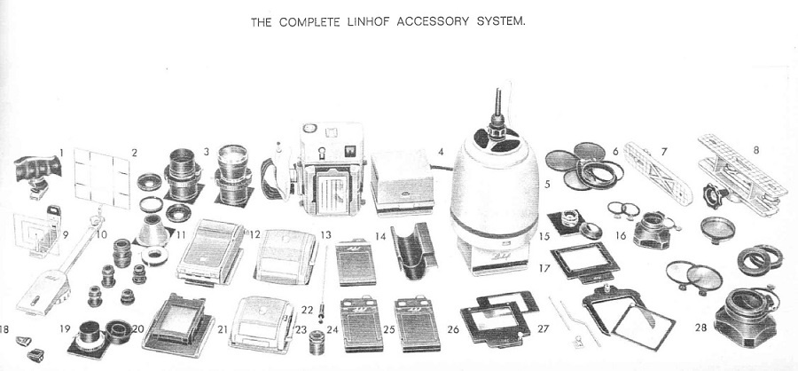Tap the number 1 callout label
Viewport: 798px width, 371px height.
[x=61, y=152]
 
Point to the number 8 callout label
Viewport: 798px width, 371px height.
[x=756, y=150]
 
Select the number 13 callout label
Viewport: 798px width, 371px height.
[x=325, y=235]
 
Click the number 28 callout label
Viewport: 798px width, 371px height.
[x=700, y=328]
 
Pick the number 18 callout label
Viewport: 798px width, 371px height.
[x=4, y=329]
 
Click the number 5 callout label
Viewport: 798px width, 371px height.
[x=547, y=184]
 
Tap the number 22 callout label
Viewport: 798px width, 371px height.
[x=307, y=310]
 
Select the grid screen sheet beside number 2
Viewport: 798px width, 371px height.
[x=102, y=178]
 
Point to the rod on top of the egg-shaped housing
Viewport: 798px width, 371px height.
[x=498, y=105]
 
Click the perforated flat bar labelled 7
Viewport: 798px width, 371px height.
[x=658, y=172]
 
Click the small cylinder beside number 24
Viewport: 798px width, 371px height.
[x=318, y=342]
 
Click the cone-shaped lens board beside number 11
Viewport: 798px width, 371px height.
[x=153, y=231]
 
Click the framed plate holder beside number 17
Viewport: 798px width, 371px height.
[x=584, y=263]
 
